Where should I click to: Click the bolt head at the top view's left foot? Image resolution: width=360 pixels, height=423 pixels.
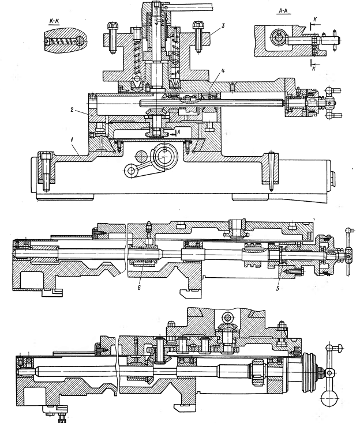(x=46, y=156)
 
